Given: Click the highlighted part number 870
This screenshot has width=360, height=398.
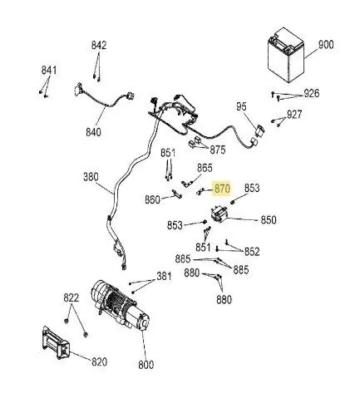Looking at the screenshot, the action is click(222, 189).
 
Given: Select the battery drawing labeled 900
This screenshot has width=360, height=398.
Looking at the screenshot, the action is click(285, 55).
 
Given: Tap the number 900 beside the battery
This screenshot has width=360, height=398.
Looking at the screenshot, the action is click(326, 45).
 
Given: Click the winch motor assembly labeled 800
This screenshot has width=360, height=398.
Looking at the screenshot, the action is click(121, 306).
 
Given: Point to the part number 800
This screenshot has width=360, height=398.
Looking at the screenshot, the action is click(145, 365).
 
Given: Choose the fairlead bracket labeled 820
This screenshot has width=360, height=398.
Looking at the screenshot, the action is click(56, 343).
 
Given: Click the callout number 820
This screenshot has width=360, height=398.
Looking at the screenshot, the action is click(99, 361).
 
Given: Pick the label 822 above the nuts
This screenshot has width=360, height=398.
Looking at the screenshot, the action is click(72, 298).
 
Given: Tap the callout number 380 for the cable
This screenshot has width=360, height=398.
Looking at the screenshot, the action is click(91, 177).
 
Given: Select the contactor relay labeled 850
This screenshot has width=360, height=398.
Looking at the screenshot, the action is click(219, 214).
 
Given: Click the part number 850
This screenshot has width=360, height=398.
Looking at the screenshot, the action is click(269, 220).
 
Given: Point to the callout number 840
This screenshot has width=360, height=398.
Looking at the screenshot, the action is click(93, 132).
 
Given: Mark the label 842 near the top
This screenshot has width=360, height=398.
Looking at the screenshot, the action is click(99, 46).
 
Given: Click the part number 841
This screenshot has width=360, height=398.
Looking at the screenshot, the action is click(49, 71).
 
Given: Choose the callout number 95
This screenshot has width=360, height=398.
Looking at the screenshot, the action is click(241, 106).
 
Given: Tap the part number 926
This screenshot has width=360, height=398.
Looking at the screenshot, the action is click(312, 93).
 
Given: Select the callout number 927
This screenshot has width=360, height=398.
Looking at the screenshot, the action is click(294, 114).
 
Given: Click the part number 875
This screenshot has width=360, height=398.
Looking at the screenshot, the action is click(218, 150).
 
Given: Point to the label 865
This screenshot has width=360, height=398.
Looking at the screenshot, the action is click(205, 168).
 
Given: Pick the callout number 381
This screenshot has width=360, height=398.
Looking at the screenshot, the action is click(164, 276).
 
